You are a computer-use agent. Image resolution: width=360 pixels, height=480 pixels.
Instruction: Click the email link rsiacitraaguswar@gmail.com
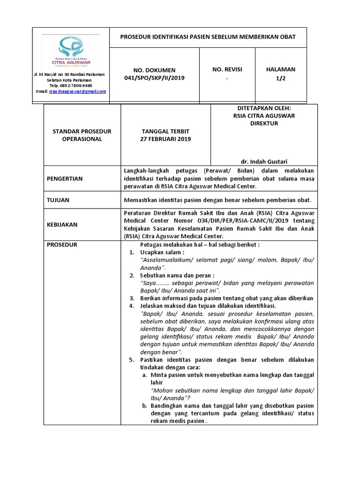[x=77, y=91]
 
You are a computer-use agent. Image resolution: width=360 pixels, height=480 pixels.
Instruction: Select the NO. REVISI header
[x=227, y=69]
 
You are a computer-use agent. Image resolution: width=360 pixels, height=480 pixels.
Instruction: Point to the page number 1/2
[x=280, y=78]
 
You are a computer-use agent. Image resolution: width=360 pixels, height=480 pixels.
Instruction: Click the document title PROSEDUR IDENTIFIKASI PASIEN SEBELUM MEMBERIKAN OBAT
[x=208, y=37]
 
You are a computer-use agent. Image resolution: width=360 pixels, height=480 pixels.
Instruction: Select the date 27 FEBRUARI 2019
[x=166, y=139]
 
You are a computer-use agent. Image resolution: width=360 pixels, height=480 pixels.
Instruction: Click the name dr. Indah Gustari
[x=264, y=162]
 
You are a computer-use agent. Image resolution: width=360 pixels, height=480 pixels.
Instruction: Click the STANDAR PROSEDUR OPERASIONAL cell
[x=82, y=135]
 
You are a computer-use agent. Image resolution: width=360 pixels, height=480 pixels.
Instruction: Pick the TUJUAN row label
[x=59, y=200]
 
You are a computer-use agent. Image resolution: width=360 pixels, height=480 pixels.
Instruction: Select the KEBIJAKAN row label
[x=62, y=225]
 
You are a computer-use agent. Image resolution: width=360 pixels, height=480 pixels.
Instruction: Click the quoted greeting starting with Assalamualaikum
[x=227, y=260]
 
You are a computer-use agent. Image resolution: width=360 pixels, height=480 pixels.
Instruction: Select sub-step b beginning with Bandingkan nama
[x=232, y=413]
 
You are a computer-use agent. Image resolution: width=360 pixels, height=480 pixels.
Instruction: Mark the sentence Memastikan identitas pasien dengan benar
[x=218, y=200]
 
